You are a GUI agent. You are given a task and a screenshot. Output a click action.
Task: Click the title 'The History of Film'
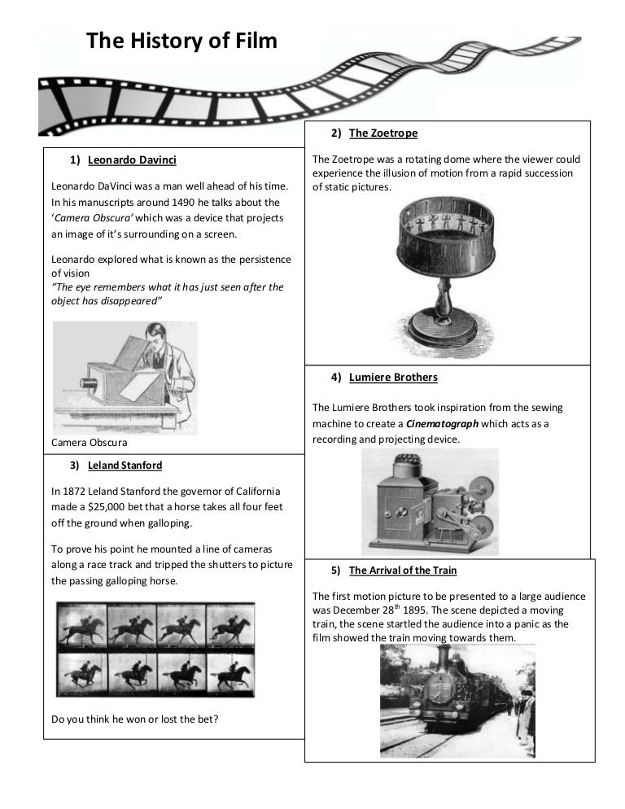coord(181,40)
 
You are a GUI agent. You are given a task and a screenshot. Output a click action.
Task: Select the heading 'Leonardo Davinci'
coord(132,160)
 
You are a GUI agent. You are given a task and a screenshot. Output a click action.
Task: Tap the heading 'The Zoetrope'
coord(383,133)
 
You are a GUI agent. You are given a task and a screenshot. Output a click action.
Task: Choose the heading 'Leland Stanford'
coord(125,466)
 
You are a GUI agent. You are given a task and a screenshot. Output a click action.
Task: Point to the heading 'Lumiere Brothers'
coord(393,377)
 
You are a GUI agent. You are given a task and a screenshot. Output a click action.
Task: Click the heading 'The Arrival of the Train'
coord(403,570)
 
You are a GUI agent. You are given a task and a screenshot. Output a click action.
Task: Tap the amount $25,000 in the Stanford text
coord(107,507)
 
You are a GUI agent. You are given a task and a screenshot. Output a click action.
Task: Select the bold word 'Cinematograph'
coord(442,423)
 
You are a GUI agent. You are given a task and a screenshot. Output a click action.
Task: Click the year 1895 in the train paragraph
coord(414,610)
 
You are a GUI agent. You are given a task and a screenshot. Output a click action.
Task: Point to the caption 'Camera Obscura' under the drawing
coord(90,442)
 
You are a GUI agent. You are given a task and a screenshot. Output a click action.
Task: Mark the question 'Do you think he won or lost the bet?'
coord(135,719)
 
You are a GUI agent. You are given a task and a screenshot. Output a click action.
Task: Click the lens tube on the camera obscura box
coord(88,383)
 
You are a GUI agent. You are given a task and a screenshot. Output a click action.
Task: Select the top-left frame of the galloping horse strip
coord(82,625)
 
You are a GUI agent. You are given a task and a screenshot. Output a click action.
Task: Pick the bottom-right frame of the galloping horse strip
coord(230,675)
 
